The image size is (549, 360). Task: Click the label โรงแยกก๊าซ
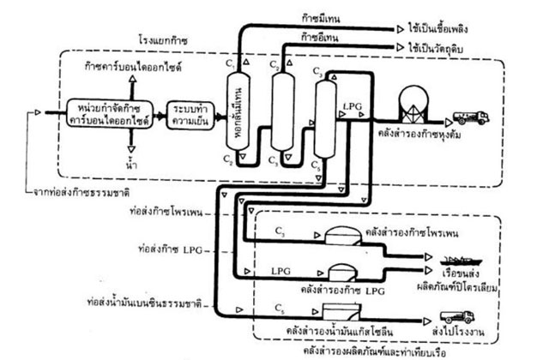pos(165,39)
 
